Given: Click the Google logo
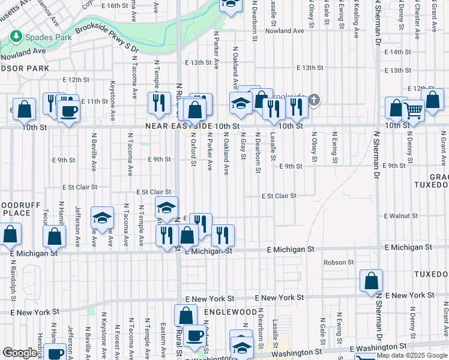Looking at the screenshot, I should click(20, 353).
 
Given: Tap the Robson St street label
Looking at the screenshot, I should click(339, 262).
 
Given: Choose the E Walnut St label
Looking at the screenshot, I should click(400, 215).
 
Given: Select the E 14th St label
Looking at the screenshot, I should click(399, 52).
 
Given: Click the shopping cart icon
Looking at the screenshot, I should click(413, 110).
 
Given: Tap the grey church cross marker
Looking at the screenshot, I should click(314, 100).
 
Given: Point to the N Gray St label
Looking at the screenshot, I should click(244, 146).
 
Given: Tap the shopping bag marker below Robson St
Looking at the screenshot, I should click(372, 280).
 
